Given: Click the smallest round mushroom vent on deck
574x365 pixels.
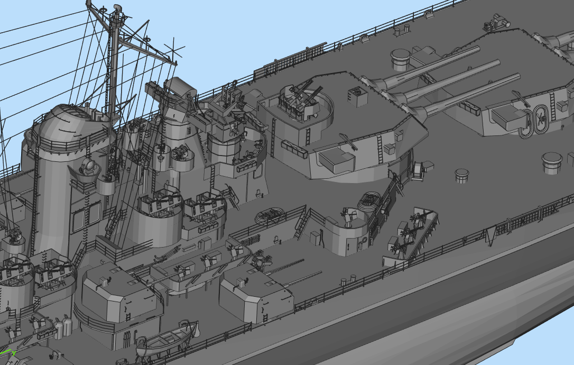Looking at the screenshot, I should [462, 175].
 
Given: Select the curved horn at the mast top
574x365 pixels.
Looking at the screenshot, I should [117, 7].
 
